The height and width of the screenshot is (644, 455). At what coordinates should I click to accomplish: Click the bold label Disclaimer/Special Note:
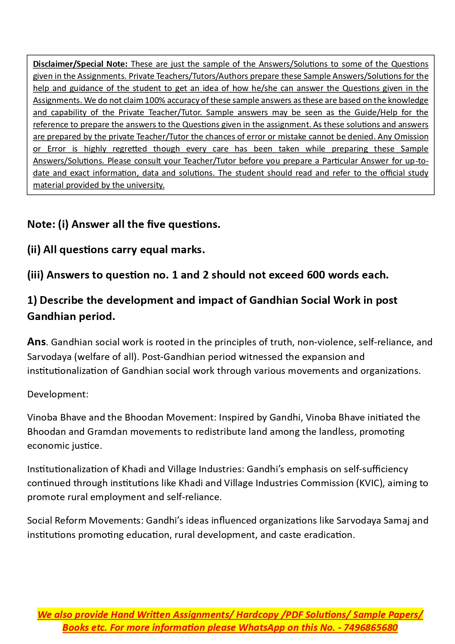click(80, 64)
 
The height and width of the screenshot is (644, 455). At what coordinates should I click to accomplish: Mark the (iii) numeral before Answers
click(35, 275)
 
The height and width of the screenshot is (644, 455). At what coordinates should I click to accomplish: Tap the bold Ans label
click(36, 342)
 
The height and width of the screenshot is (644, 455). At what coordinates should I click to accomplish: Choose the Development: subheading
click(58, 394)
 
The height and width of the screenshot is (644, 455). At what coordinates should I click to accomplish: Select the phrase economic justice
click(64, 445)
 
